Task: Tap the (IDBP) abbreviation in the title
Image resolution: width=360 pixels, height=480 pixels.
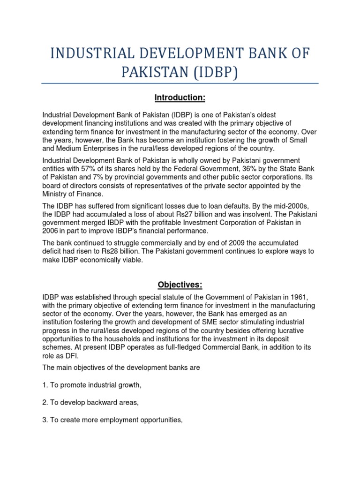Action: [x=217, y=74]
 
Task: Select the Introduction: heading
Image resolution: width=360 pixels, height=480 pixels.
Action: [x=180, y=97]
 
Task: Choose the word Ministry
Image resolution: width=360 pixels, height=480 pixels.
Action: [x=55, y=194]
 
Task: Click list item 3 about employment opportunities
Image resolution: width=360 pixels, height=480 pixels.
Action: [x=112, y=420]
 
